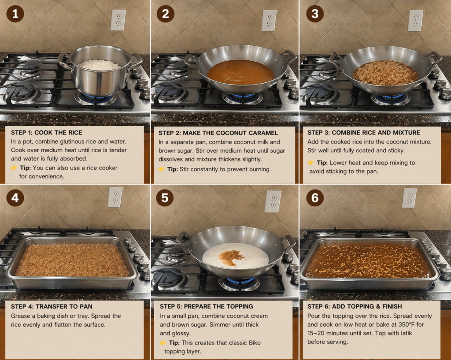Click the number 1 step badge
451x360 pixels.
coord(15,14)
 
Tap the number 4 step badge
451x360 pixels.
coord(15,197)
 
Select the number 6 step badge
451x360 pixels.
coord(315,197)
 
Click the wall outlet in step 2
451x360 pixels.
coord(269,20)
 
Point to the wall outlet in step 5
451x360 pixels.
coord(273,202)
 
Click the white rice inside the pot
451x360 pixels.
coord(100,65)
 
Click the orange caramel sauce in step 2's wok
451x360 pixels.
coord(241,72)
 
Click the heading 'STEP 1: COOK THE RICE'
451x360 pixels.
coord(47,132)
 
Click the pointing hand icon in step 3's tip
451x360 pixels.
coord(311,163)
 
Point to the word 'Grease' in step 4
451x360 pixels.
coord(20,316)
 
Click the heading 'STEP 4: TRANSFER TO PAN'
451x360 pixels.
coord(52,306)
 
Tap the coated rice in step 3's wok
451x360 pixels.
coord(385,73)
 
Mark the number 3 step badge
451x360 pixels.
coord(315,14)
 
